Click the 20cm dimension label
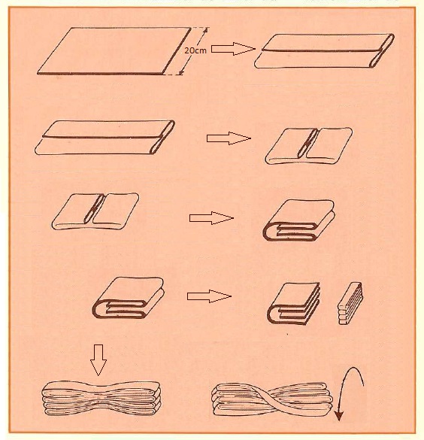(195, 50)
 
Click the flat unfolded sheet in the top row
(114, 51)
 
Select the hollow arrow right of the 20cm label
(233, 49)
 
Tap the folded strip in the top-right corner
(325, 51)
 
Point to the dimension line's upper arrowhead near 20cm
(206, 30)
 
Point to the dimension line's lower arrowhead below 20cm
(181, 72)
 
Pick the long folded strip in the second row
(105, 138)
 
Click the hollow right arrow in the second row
(229, 138)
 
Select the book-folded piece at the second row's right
(309, 146)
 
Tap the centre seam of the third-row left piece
(95, 209)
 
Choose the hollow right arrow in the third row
(211, 218)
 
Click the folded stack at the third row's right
(299, 220)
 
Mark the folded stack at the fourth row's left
(128, 298)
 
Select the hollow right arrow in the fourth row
(209, 296)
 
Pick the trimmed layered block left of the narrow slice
(294, 304)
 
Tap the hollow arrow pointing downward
(98, 360)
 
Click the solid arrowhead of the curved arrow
(339, 416)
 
